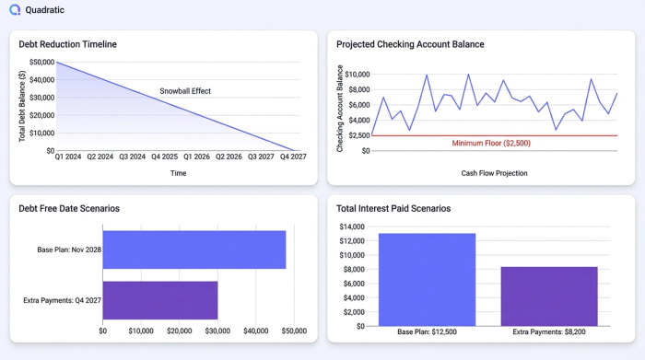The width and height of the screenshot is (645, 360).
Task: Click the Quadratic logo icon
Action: coord(15,12)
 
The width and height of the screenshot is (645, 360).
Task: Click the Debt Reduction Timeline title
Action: coord(67,44)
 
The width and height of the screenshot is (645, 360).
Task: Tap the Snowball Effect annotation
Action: coord(185,91)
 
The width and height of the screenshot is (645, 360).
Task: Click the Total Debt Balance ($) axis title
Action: coord(22,106)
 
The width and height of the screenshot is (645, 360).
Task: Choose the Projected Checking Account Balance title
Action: coord(410,44)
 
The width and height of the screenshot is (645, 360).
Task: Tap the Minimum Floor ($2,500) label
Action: coord(490,144)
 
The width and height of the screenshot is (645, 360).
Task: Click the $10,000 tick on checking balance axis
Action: coord(353,75)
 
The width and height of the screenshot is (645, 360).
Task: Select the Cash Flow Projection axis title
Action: coord(494,173)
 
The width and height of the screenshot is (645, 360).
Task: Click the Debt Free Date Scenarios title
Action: coord(69,209)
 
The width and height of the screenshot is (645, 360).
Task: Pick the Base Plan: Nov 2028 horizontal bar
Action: coord(193,250)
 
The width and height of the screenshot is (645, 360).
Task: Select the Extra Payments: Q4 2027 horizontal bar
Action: coord(159,300)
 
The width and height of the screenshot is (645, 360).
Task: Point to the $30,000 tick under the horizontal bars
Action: coord(218,331)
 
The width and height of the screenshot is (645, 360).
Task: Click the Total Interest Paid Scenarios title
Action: coord(393,209)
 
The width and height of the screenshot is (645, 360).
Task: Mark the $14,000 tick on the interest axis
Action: coord(353,226)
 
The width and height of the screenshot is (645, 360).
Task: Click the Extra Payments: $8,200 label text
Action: coord(549,331)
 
